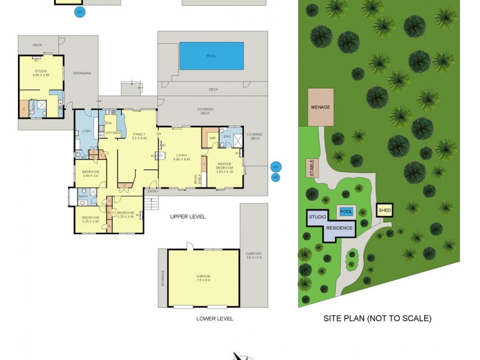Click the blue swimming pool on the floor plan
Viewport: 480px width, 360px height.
coord(211,56)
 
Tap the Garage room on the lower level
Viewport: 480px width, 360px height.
coord(203,277)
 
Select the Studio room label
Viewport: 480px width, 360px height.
coord(41,72)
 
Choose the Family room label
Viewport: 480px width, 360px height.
coord(139,136)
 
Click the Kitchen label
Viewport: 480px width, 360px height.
coord(113,133)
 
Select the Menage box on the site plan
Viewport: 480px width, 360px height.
coord(320,107)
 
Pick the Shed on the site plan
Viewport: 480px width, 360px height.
coord(384,210)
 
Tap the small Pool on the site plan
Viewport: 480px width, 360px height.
coord(346,211)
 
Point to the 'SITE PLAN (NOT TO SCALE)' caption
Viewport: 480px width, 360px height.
coord(377,319)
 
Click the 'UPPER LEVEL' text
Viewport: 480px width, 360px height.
coord(188,217)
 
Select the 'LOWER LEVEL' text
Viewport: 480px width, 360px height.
coord(214,319)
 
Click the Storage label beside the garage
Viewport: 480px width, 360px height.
coord(163,278)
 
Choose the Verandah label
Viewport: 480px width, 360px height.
coord(82,73)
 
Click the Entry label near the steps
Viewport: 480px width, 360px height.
coord(153,191)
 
